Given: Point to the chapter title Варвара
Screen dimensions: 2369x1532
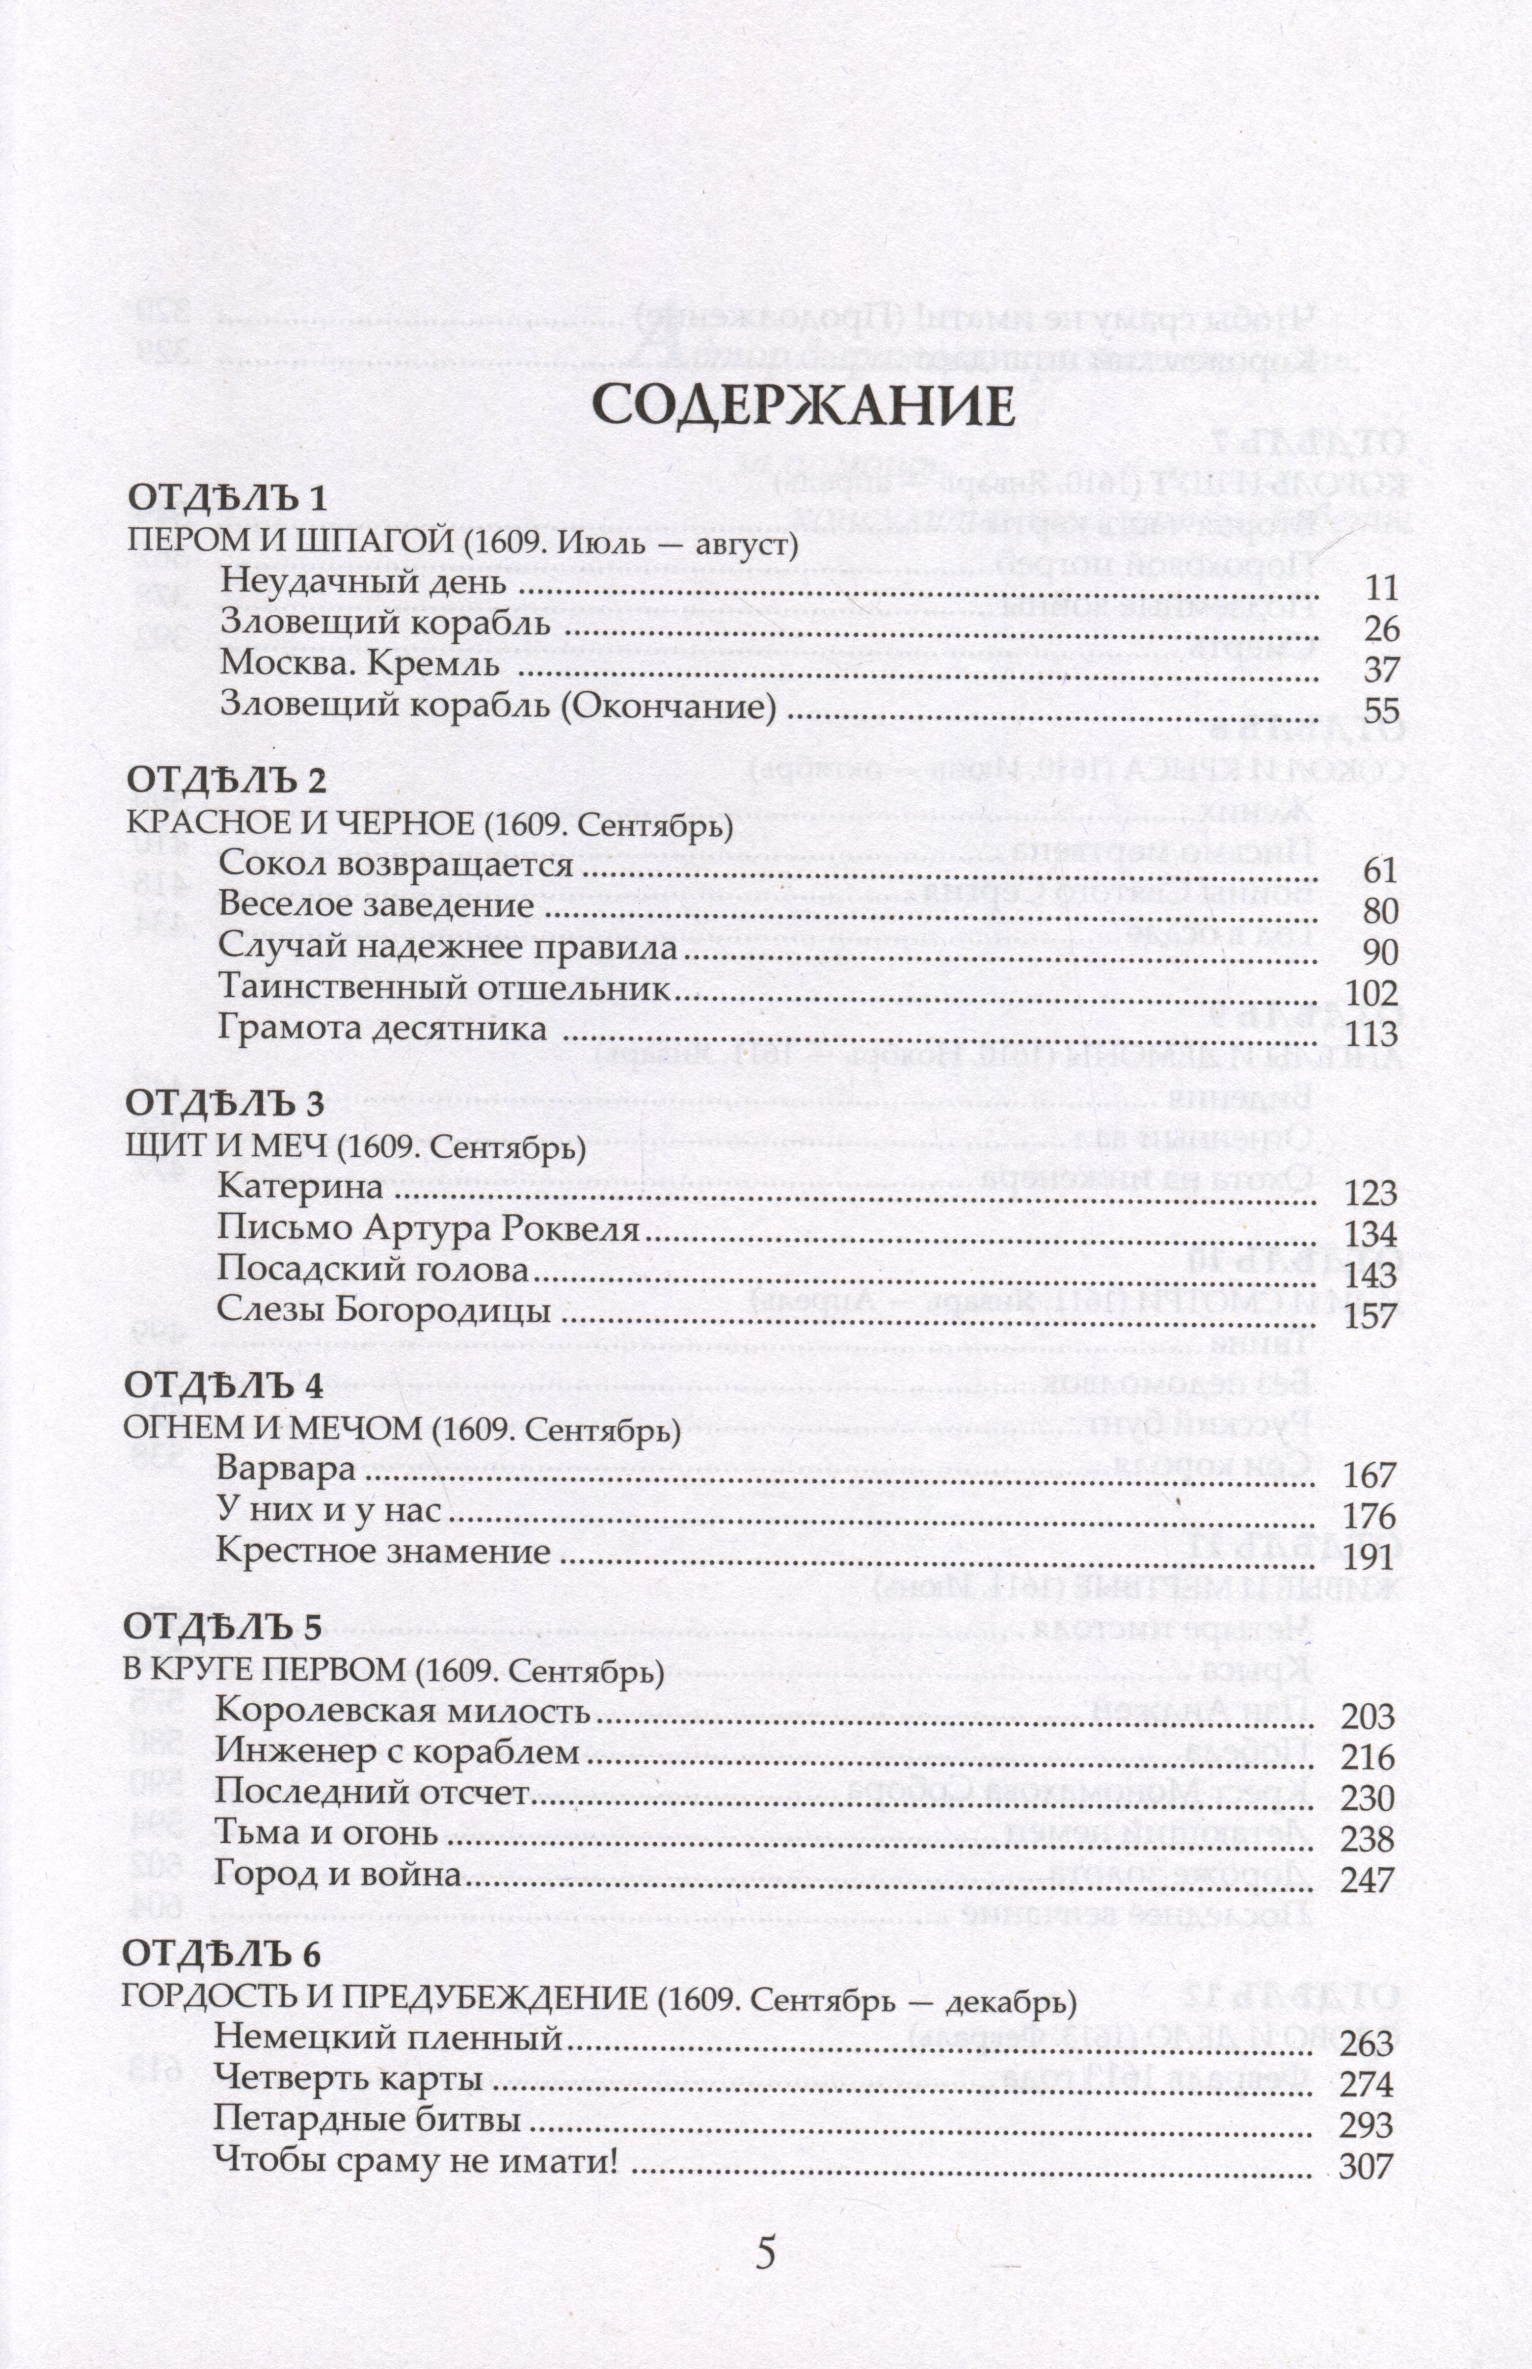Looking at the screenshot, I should (x=286, y=1470).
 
